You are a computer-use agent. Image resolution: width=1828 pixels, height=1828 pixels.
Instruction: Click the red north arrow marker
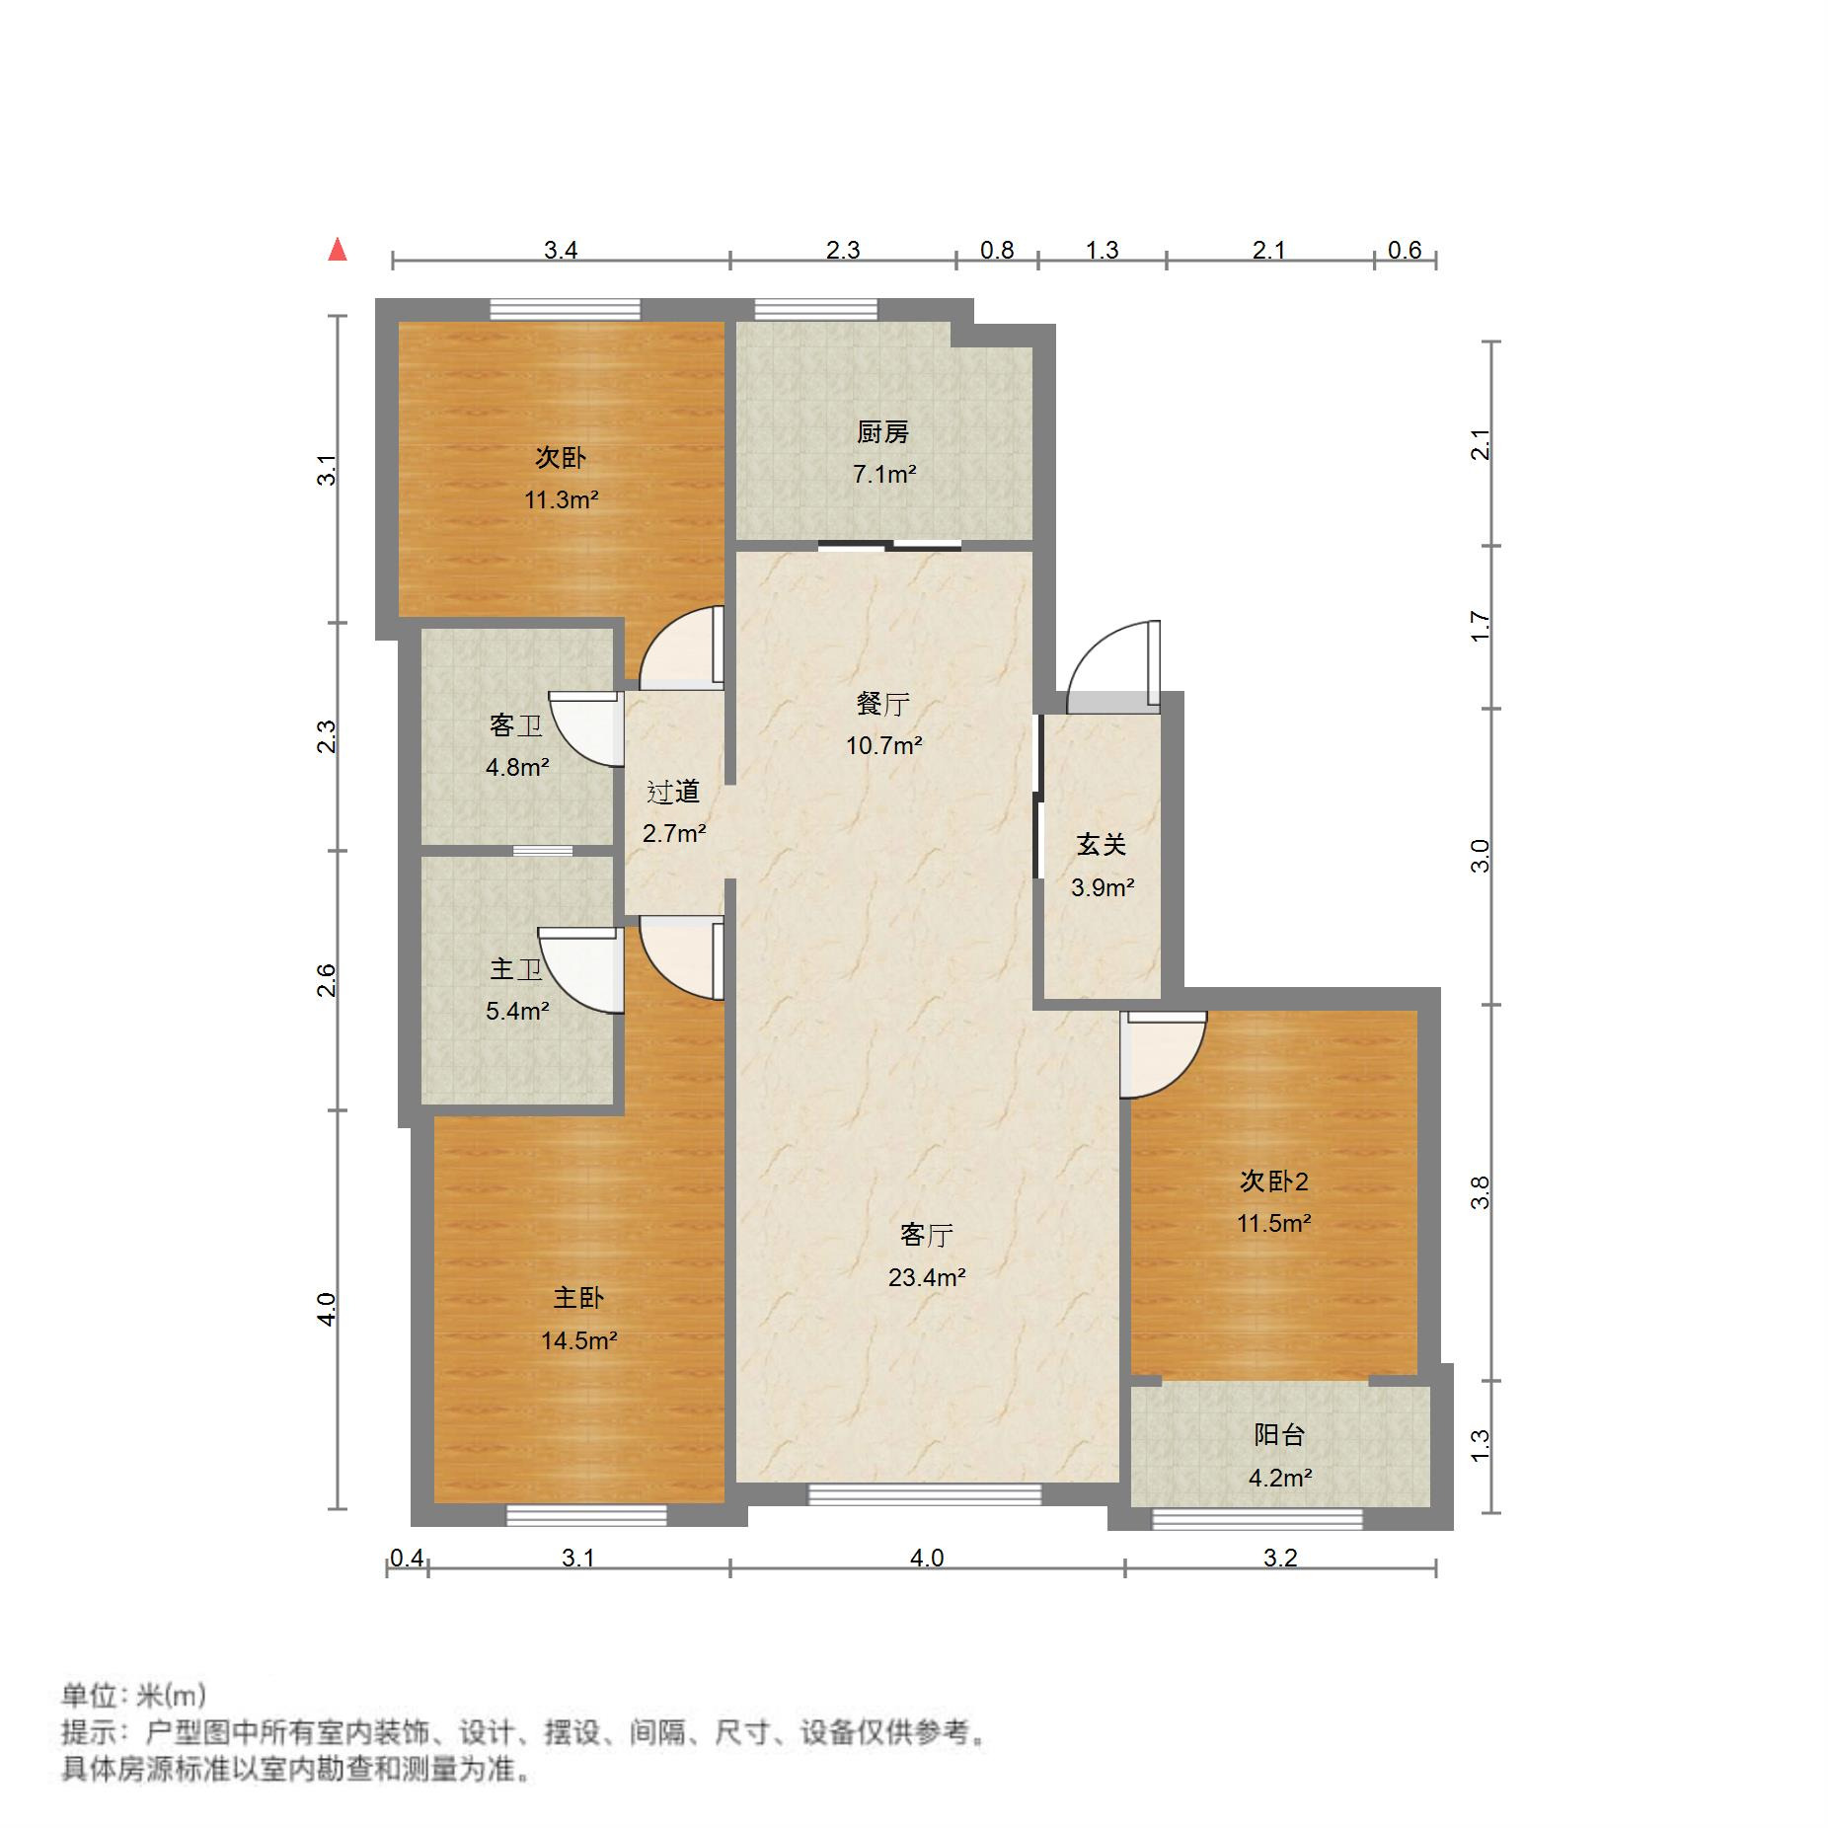click(x=338, y=250)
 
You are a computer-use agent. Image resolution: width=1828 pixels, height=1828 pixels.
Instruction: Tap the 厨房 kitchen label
click(x=882, y=431)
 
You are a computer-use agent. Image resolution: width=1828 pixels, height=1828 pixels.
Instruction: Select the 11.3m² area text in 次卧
click(x=561, y=500)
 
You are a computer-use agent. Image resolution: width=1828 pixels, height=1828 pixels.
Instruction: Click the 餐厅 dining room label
click(x=882, y=704)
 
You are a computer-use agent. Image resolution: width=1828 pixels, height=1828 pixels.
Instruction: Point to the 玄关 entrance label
click(x=1101, y=845)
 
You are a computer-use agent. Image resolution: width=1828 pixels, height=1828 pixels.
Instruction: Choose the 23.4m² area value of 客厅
click(x=926, y=1277)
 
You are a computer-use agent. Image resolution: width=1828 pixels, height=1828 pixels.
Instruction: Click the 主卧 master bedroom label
click(x=577, y=1297)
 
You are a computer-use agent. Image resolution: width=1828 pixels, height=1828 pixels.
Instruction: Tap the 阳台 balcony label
click(x=1279, y=1434)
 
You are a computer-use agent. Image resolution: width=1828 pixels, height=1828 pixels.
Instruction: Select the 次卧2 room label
click(x=1273, y=1181)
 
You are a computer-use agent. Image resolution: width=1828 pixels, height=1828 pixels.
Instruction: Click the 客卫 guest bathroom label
click(x=515, y=725)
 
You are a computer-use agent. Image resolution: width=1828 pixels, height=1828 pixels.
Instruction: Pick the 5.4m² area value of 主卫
click(x=516, y=1011)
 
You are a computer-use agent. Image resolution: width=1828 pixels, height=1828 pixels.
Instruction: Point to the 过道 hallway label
click(x=673, y=792)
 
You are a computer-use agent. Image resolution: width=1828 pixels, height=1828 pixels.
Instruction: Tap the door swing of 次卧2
click(x=1160, y=1054)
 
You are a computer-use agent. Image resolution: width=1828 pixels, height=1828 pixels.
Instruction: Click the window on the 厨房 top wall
click(x=815, y=309)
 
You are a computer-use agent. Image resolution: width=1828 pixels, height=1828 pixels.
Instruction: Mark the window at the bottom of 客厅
click(x=925, y=1494)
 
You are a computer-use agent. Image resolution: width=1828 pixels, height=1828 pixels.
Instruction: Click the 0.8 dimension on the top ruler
click(x=997, y=250)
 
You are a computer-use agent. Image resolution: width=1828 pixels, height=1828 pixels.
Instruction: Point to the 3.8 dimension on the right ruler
click(x=1480, y=1192)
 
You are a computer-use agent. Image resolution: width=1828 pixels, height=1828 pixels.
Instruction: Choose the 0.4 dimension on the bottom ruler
click(x=407, y=1558)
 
